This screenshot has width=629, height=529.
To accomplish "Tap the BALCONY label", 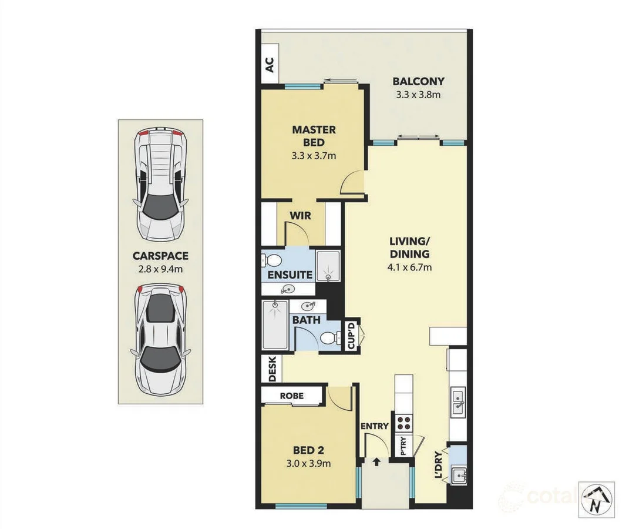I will pos(418,82).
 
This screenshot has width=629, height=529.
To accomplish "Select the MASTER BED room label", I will pos(314,136).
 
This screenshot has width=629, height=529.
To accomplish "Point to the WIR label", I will pos(300,216).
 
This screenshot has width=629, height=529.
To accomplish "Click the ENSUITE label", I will pos(290,274).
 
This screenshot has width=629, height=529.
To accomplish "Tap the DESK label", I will pos(272,370).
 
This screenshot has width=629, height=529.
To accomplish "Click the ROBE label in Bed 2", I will pos(292,396).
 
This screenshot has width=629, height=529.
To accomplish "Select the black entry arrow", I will pos(376,462).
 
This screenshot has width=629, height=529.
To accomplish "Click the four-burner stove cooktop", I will pos(404,422).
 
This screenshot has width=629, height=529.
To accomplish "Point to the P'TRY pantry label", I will pos(404,447).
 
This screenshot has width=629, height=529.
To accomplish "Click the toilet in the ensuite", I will pos(273,260).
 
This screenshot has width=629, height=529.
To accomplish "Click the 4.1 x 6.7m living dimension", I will pos(411,267).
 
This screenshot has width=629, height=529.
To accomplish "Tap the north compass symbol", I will pos(596,500).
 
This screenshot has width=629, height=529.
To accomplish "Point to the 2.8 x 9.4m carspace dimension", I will pos(160,270).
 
